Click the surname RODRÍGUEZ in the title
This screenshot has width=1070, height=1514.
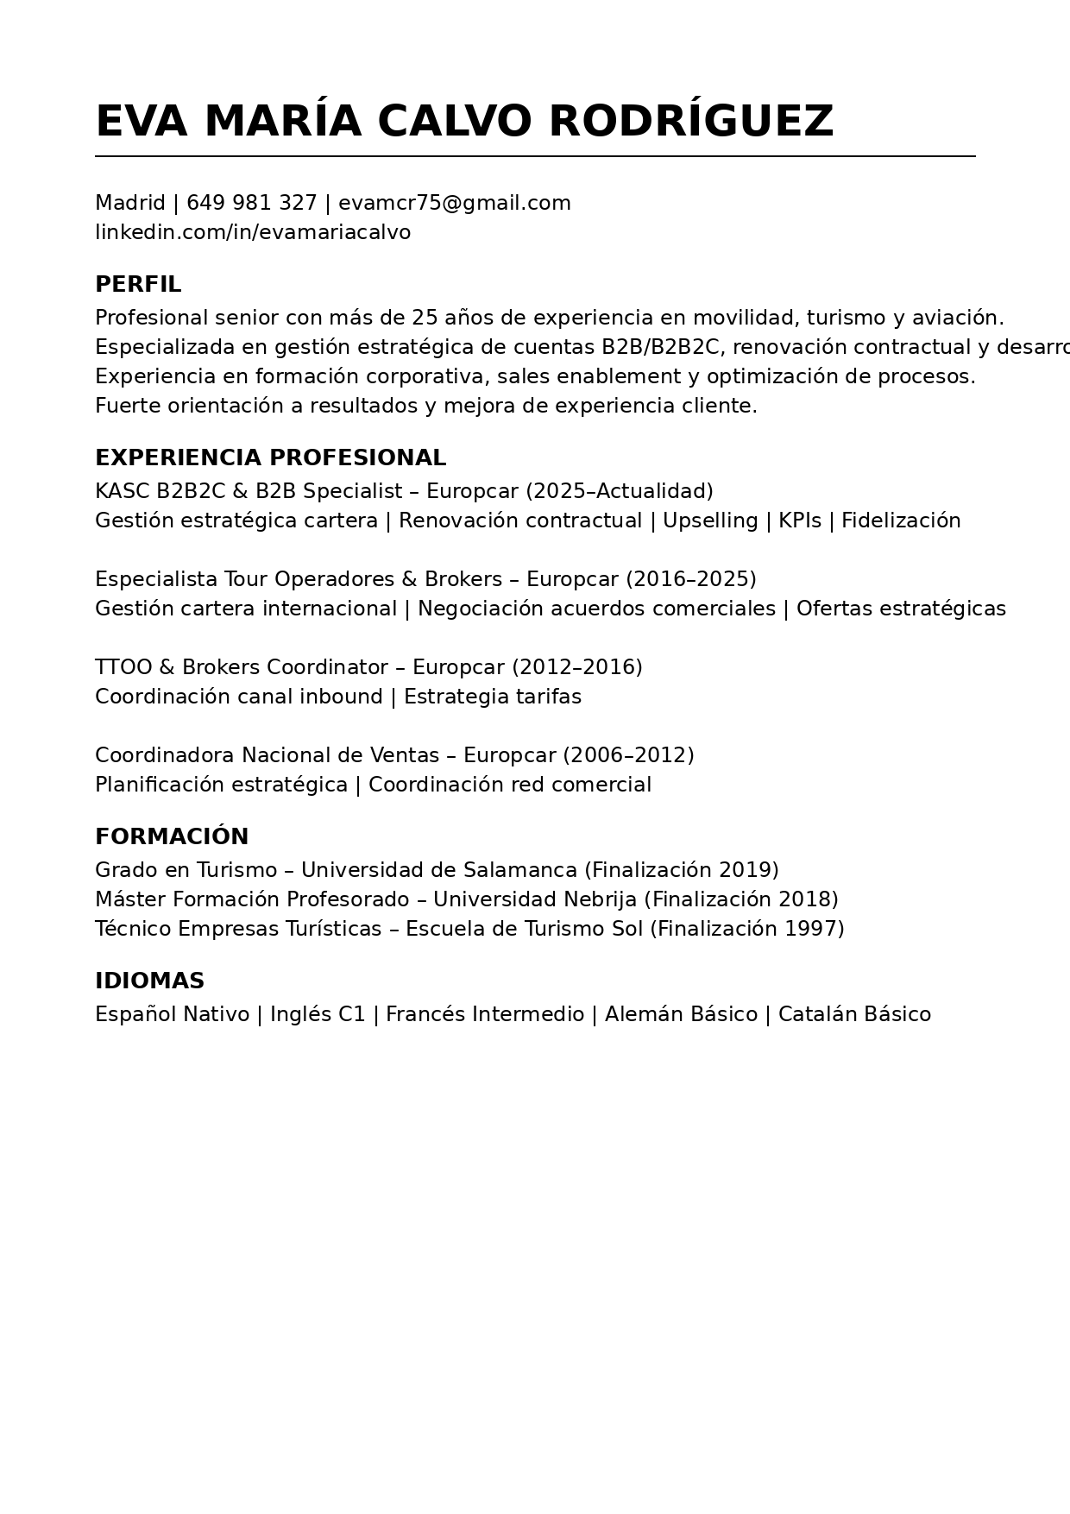tap(690, 122)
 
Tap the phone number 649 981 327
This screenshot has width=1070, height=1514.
tap(252, 204)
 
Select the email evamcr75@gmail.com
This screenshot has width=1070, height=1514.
tap(454, 204)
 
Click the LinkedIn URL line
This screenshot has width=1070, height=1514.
tap(253, 233)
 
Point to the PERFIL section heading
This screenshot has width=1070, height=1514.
tap(138, 285)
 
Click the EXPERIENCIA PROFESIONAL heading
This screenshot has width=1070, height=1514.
tap(270, 458)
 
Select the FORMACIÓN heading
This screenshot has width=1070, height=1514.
tap(172, 837)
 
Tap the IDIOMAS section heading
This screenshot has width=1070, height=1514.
tap(149, 981)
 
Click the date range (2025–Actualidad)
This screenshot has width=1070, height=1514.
tap(619, 492)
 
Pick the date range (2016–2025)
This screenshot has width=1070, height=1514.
tap(690, 580)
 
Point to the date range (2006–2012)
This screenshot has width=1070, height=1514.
tap(628, 756)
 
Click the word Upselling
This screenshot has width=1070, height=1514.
tap(710, 521)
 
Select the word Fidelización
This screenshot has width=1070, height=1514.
tap(901, 521)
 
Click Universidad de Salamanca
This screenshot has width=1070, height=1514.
tap(438, 871)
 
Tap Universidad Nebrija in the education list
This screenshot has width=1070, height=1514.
tap(534, 900)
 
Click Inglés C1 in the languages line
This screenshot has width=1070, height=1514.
tap(318, 1015)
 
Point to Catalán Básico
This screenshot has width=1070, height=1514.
tap(854, 1015)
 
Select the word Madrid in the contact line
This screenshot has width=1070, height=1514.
tap(129, 204)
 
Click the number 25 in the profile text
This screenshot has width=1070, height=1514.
tap(425, 319)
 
